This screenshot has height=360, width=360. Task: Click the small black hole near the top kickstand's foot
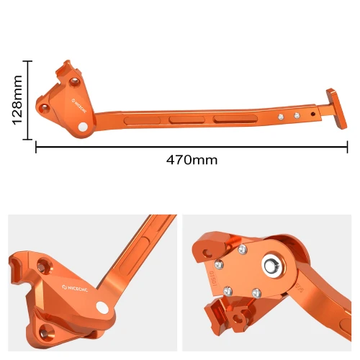coord(312,113)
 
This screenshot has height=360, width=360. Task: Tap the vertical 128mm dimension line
coord(28,99)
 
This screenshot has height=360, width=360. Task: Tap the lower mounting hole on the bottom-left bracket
coord(48,331)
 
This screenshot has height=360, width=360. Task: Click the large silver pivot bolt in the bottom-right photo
coord(274,266)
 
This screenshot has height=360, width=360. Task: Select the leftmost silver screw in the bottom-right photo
coord(227,290)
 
